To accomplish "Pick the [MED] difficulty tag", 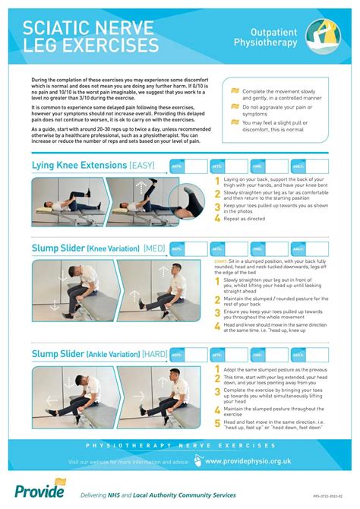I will point(153,248).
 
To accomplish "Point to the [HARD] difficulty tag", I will point(155,353).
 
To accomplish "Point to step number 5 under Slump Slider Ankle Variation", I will point(217,425).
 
